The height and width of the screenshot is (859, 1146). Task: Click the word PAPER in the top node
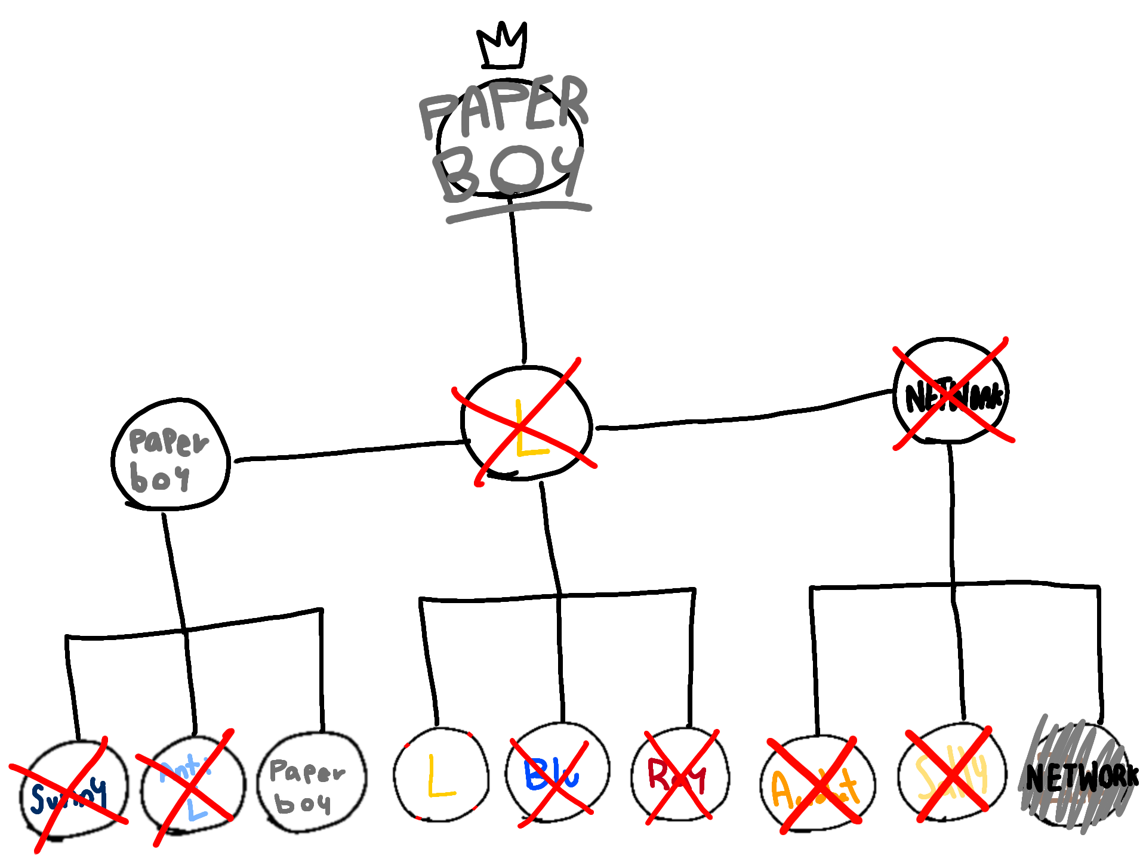point(504,107)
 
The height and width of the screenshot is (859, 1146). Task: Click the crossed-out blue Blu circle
point(556,775)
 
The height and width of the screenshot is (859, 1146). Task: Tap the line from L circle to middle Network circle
point(746,418)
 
